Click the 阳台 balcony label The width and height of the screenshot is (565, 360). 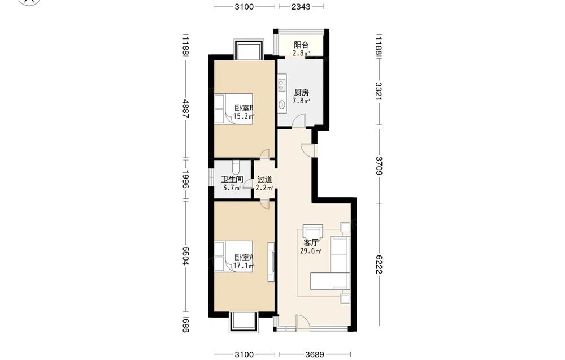pyautogui.click(x=301, y=45)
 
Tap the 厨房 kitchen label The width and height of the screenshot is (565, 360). pyautogui.click(x=301, y=93)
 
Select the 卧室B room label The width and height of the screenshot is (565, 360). pyautogui.click(x=244, y=108)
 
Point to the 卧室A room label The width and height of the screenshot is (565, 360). pyautogui.click(x=244, y=258)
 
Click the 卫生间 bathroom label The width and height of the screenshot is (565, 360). pyautogui.click(x=232, y=180)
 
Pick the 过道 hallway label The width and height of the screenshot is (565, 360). pyautogui.click(x=264, y=180)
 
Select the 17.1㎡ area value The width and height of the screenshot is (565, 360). pyautogui.click(x=244, y=266)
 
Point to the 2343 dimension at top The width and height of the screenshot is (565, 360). pyautogui.click(x=301, y=6)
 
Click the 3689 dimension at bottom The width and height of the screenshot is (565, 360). pyautogui.click(x=314, y=354)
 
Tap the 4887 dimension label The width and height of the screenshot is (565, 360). pyautogui.click(x=185, y=109)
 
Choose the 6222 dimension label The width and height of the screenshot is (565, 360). pyautogui.click(x=379, y=264)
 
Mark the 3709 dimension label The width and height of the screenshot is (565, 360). pyautogui.click(x=379, y=166)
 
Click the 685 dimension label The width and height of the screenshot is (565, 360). pyautogui.click(x=185, y=325)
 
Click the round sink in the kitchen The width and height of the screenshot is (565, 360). pyautogui.click(x=282, y=105)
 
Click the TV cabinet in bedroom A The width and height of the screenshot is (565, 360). pyautogui.click(x=271, y=262)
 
